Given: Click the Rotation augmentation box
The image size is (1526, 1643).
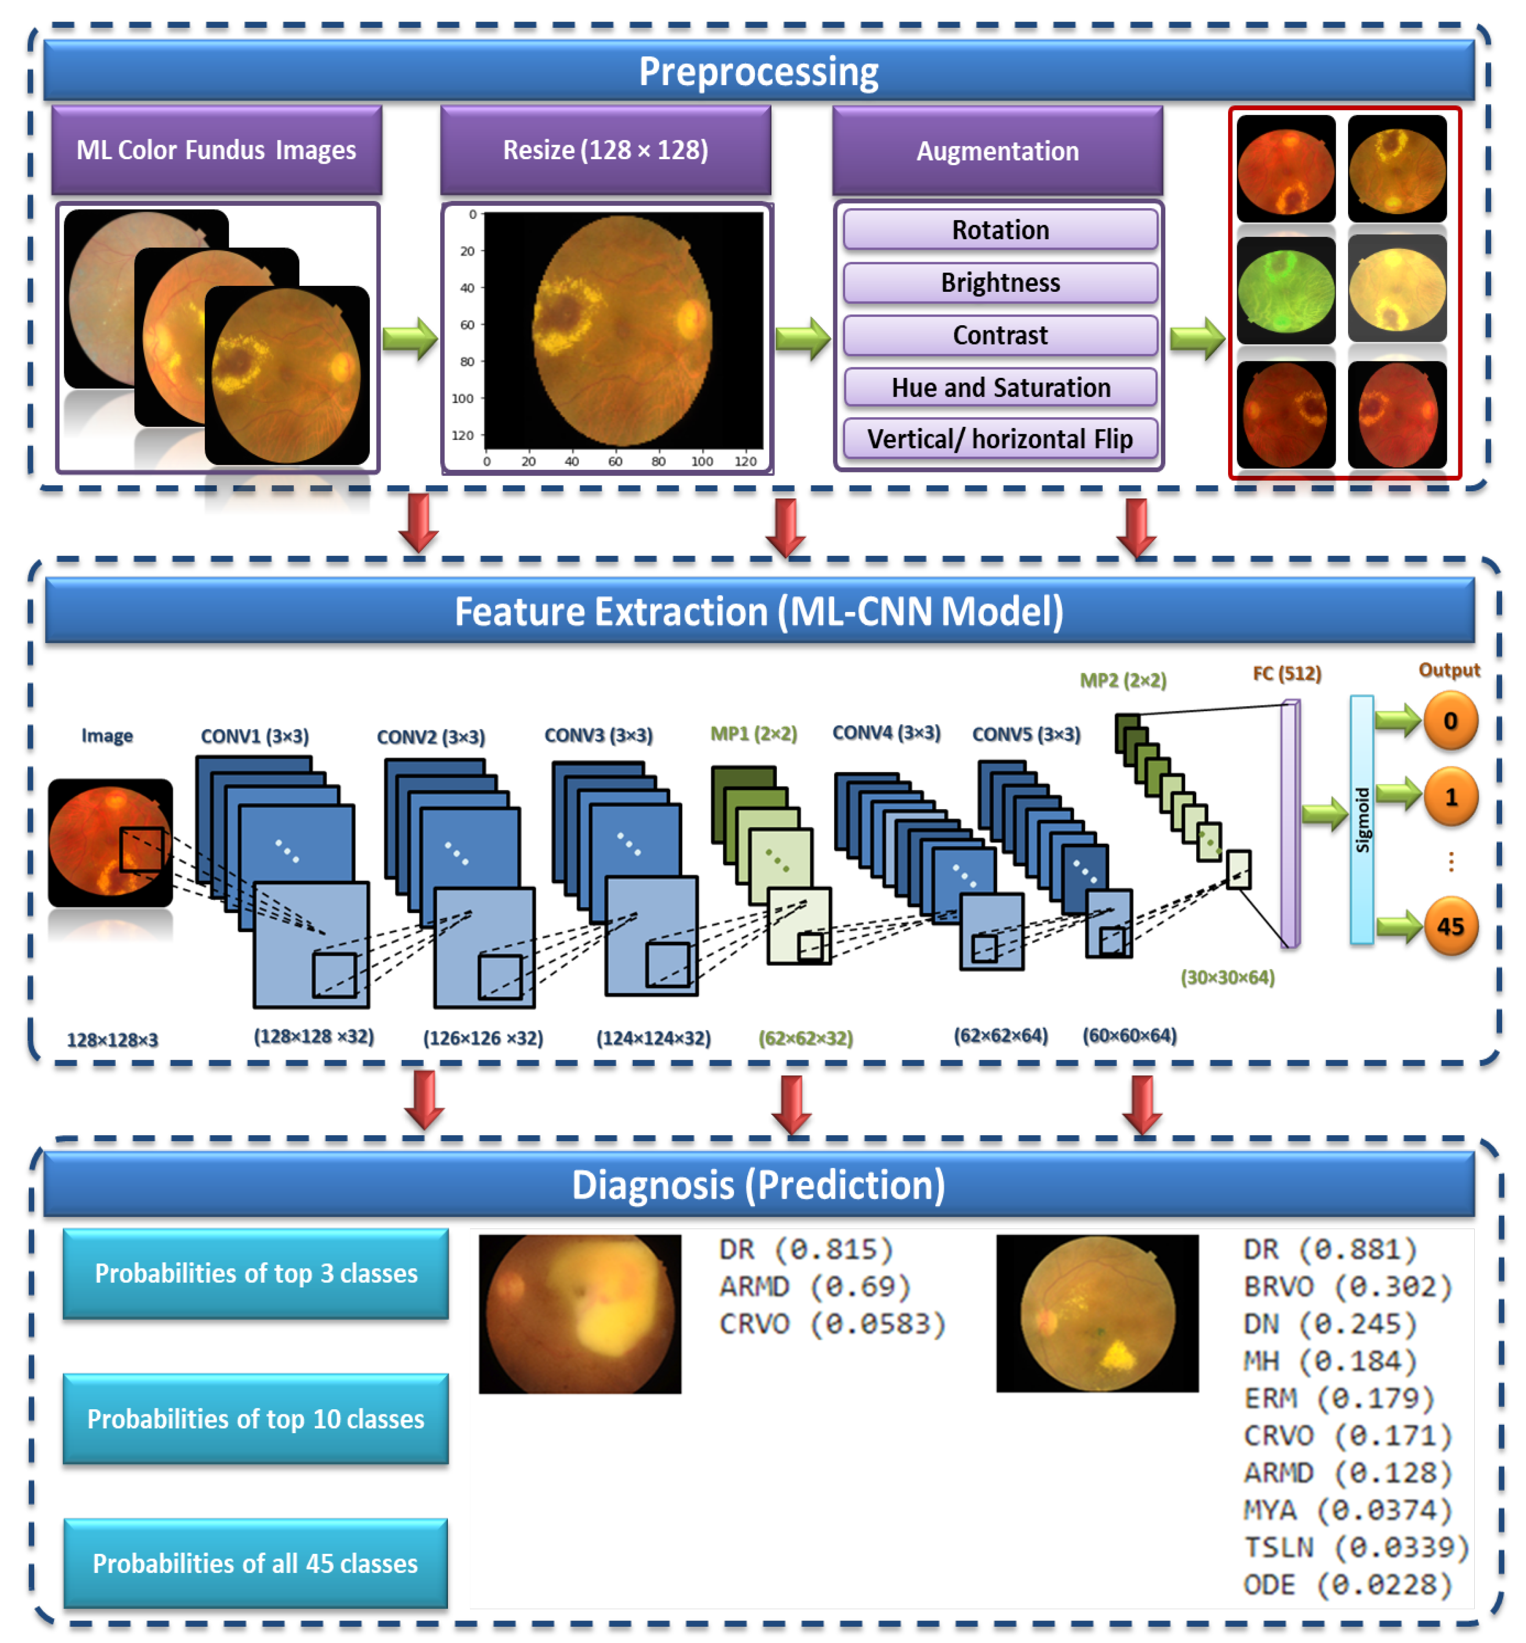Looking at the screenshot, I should point(999,230).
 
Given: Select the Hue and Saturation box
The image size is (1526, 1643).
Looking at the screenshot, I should point(999,387).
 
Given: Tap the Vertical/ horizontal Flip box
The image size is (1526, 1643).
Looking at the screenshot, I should point(999,438).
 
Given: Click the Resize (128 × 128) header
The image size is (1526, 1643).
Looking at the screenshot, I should point(605,150).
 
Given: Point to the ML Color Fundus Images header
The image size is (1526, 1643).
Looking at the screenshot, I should point(216,150).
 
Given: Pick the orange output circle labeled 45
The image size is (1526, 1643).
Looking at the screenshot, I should point(1450,926).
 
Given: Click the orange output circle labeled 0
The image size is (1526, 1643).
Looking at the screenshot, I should point(1450,721).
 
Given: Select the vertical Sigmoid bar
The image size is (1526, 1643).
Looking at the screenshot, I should point(1362,820).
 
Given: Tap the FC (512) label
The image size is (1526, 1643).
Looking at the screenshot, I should point(1287,674).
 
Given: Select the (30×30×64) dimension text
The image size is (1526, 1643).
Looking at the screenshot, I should point(1227,977).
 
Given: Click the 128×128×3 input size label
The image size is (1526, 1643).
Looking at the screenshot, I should point(112,1040).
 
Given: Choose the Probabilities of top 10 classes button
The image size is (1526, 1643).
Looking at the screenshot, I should point(256,1418).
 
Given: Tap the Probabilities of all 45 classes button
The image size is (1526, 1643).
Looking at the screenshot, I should point(256,1563).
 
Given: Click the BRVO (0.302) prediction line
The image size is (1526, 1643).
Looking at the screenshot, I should point(1348,1286).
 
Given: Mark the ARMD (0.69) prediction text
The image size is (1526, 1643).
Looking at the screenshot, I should point(814,1286).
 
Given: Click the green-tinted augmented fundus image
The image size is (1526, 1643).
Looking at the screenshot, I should point(1286,290).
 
